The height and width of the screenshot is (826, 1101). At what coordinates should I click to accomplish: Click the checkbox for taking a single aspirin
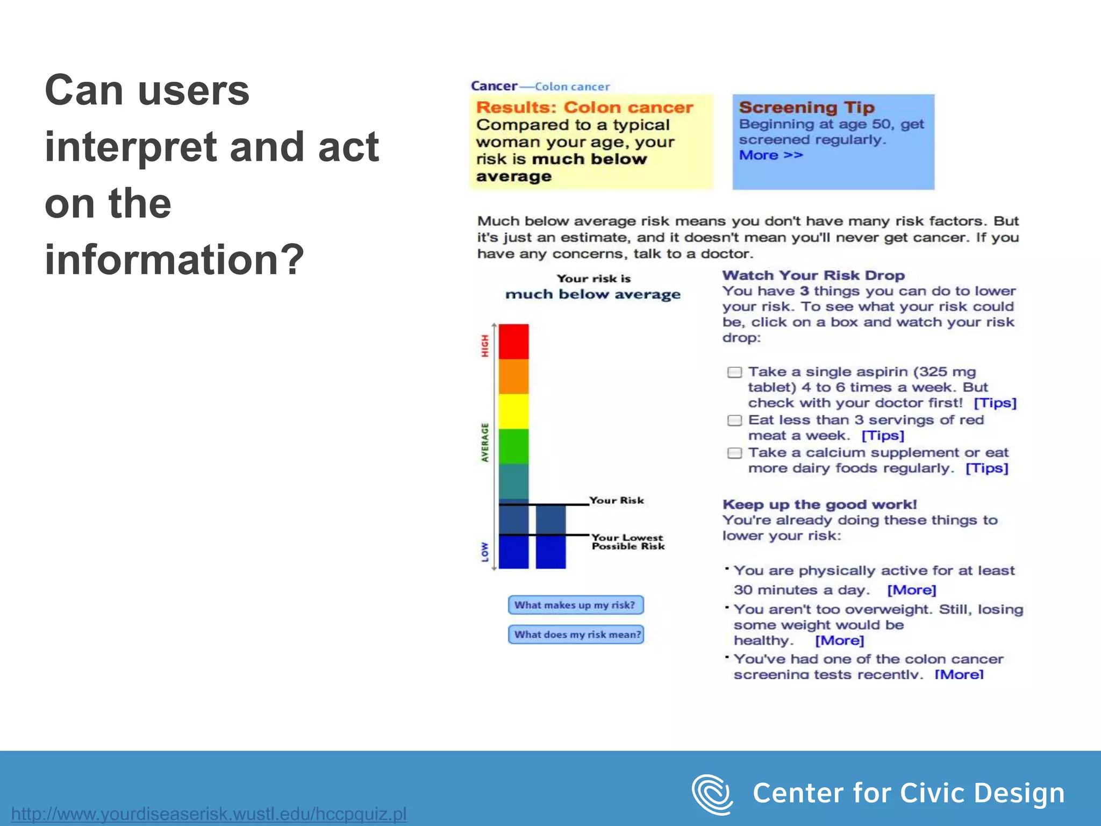pos(734,372)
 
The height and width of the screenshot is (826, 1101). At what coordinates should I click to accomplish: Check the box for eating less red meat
pos(734,421)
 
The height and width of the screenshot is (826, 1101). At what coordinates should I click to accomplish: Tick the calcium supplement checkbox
pos(734,453)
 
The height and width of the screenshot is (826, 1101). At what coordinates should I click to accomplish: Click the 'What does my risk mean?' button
pos(576,635)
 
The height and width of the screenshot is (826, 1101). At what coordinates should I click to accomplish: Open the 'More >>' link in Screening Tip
pos(770,155)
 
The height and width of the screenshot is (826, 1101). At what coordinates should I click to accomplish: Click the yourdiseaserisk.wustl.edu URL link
pos(209,814)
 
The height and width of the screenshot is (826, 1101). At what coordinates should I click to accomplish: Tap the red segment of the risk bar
pos(513,341)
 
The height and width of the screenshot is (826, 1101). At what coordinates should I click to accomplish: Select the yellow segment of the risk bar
pos(513,411)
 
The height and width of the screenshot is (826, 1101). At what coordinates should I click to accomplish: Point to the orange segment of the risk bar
pos(513,376)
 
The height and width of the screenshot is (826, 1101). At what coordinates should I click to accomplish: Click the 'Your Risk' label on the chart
pos(616,501)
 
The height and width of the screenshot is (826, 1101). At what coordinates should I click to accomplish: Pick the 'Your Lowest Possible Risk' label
pos(627,542)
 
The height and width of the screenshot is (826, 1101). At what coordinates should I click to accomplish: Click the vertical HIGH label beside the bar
pos(485,346)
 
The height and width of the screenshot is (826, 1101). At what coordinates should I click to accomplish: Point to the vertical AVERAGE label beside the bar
pos(485,442)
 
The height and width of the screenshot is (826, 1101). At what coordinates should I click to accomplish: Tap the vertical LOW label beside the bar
pos(485,552)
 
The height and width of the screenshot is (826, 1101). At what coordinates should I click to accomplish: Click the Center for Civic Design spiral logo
pos(712,794)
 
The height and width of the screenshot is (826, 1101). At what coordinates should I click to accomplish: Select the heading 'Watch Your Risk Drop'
pos(813,275)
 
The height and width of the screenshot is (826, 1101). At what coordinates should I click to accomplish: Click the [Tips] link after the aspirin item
pos(995,403)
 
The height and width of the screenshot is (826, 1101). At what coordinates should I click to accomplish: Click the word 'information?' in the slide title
pos(174,260)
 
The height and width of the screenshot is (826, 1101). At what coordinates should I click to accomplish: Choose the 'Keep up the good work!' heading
pos(819,504)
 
